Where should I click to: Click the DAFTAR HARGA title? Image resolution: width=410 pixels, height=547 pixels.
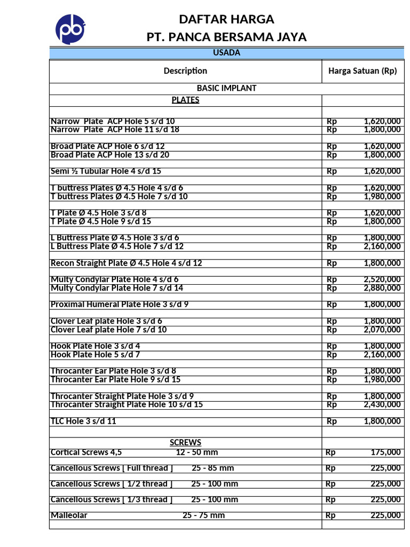[x=226, y=20]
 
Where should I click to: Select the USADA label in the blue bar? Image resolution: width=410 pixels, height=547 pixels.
[x=226, y=53]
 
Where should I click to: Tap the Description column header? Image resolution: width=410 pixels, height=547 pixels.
[x=185, y=71]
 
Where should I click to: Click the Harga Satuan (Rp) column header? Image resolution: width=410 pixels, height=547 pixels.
[x=362, y=71]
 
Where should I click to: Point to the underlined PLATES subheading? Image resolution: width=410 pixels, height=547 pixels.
[x=185, y=100]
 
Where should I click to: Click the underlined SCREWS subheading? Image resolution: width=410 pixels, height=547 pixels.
[x=185, y=442]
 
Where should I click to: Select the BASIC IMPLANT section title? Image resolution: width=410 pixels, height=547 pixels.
[x=226, y=88]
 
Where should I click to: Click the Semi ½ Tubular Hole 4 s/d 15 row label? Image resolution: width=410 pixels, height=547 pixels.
[x=106, y=171]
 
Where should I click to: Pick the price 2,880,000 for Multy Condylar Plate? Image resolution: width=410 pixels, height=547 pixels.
[x=382, y=288]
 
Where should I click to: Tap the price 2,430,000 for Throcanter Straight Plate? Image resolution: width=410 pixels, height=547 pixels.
[x=382, y=405]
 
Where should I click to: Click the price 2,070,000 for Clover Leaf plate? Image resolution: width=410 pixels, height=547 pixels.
[x=382, y=330]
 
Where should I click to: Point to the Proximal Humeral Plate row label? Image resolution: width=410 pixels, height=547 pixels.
[x=120, y=305]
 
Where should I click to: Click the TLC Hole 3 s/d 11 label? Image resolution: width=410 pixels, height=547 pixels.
[x=83, y=421]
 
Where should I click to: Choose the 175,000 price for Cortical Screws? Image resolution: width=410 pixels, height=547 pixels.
[x=385, y=452]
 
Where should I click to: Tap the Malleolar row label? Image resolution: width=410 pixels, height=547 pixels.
[x=69, y=515]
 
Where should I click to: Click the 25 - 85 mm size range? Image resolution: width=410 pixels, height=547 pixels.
[x=212, y=468]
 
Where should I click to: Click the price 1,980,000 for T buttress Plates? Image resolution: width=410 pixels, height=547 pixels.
[x=382, y=197]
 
